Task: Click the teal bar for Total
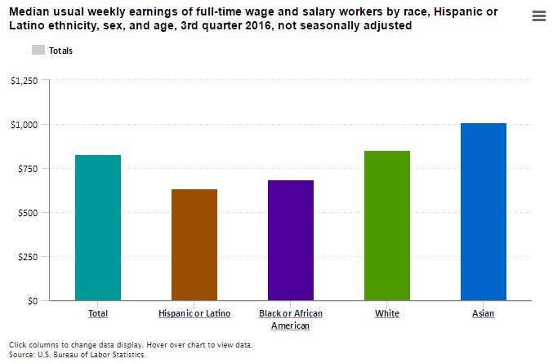point(98,228)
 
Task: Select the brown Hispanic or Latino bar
point(194,245)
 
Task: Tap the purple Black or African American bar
point(291,240)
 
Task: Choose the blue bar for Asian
point(484,211)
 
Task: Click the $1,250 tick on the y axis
point(25,80)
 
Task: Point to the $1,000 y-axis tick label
point(25,124)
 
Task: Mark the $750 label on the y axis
point(28,168)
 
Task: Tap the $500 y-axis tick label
point(28,212)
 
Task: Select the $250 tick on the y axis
point(28,256)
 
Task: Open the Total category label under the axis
point(98,313)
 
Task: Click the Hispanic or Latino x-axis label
point(194,313)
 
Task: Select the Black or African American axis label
point(291,319)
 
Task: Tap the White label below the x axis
point(387,313)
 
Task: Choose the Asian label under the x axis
point(483,313)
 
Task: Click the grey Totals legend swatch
point(38,50)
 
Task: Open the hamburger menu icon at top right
point(538,15)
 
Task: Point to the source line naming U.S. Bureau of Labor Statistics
point(78,355)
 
